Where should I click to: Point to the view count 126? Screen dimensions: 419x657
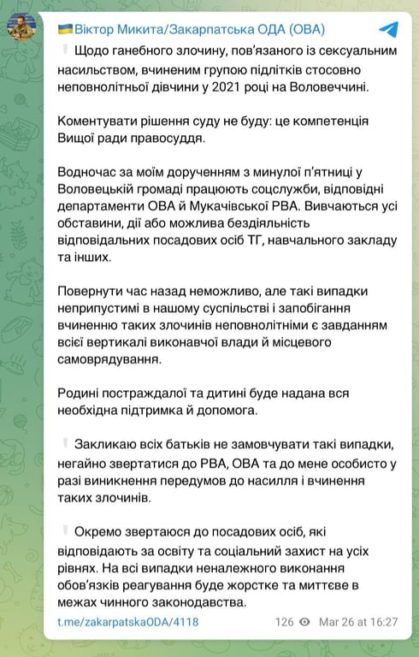coord(285,622)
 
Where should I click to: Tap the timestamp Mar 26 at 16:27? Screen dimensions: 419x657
coord(358,622)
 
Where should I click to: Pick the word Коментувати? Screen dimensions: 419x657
coord(98,123)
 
